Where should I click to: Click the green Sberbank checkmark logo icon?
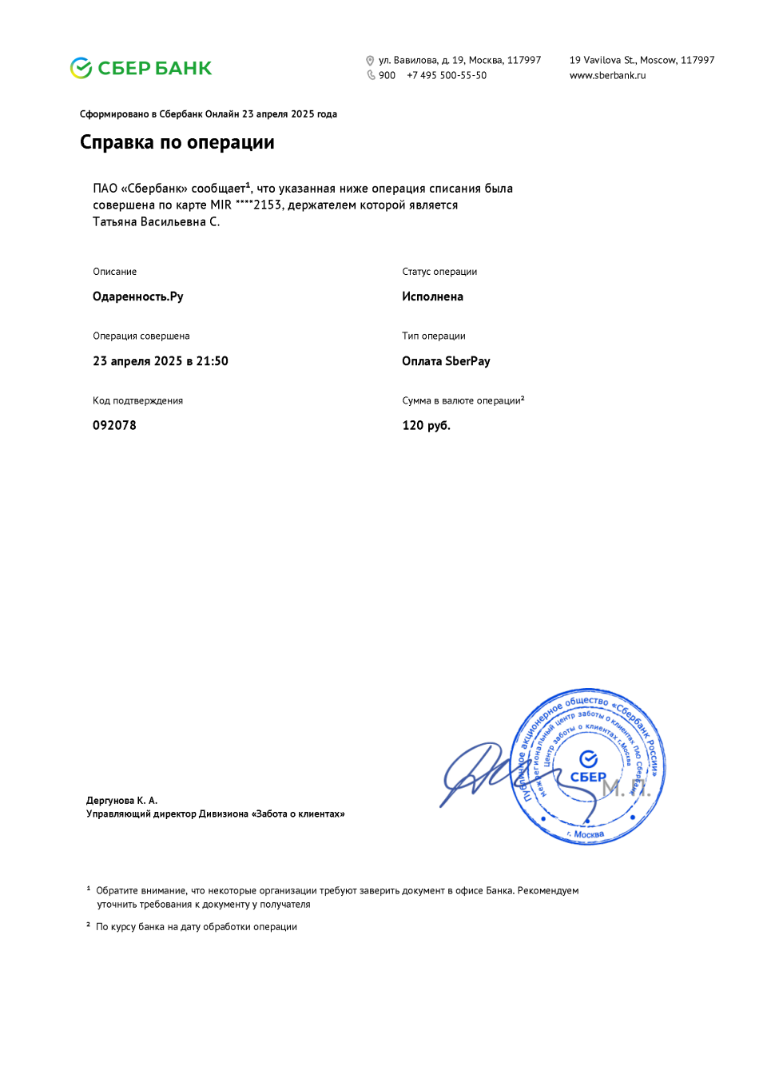point(81,69)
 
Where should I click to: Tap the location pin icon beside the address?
point(370,61)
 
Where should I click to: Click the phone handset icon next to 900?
point(371,75)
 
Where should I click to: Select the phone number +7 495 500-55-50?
point(447,76)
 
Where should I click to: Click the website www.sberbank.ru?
point(607,76)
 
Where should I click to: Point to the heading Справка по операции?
point(177,142)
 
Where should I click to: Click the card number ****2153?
point(259,205)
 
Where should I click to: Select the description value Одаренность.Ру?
point(138,296)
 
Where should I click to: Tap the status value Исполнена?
point(432,296)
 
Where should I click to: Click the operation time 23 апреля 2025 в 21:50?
point(161,361)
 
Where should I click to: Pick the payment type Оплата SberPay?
point(446,361)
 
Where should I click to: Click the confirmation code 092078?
point(114,425)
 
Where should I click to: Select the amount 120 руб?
point(426,425)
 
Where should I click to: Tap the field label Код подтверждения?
point(137,401)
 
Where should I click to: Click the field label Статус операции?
point(439,272)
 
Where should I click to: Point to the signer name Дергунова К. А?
point(121,800)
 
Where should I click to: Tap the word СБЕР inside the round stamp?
point(588,777)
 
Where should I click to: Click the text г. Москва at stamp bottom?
point(586,834)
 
